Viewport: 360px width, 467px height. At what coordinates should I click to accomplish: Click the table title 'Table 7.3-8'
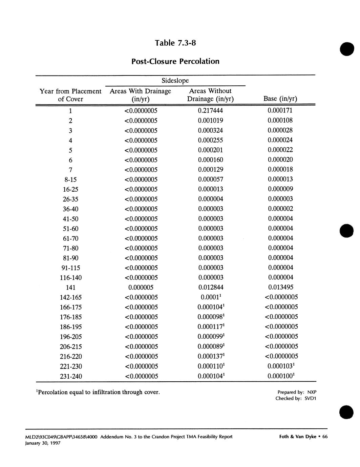[x=175, y=43]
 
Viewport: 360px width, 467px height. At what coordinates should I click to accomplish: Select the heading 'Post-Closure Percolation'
[x=175, y=61]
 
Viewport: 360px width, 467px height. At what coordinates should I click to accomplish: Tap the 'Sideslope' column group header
[x=175, y=81]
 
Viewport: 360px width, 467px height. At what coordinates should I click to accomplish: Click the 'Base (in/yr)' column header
[x=280, y=99]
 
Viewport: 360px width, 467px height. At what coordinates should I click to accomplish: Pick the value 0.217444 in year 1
[x=210, y=110]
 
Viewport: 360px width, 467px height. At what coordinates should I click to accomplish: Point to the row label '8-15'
[x=70, y=179]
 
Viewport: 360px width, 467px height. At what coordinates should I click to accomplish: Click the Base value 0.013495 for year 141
[x=280, y=287]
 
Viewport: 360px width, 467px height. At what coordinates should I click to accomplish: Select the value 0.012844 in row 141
[x=210, y=287]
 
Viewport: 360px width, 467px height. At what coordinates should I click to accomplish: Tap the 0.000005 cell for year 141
[x=141, y=287]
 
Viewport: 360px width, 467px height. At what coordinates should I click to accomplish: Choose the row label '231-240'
[x=70, y=376]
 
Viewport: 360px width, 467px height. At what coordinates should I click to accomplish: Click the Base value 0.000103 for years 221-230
[x=280, y=366]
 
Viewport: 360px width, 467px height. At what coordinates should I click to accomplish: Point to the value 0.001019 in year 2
[x=210, y=120]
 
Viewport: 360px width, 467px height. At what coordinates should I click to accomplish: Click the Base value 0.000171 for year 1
[x=280, y=110]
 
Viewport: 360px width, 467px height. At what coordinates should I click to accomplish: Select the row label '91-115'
[x=70, y=268]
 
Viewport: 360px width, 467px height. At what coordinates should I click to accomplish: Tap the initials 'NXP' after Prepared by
[x=312, y=392]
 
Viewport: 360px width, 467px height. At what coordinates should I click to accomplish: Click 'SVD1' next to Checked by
[x=310, y=399]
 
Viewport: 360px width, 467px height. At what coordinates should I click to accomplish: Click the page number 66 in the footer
[x=325, y=437]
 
